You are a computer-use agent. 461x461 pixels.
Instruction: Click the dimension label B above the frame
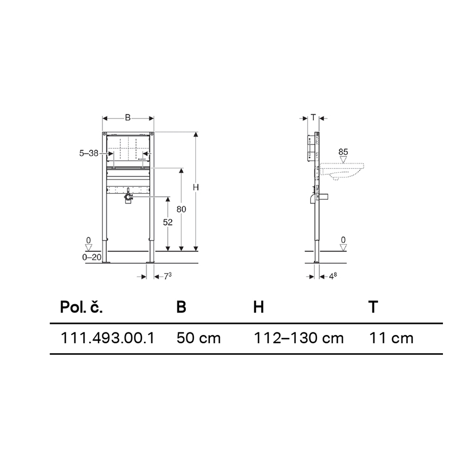[x=127, y=118]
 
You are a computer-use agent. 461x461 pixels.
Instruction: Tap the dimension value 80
[x=181, y=209]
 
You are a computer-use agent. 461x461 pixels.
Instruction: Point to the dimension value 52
[x=167, y=223]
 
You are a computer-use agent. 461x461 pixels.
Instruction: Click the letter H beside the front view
[x=196, y=187]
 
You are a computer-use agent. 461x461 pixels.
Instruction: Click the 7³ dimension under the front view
[x=167, y=276]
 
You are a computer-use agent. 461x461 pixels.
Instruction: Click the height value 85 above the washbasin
[x=343, y=151]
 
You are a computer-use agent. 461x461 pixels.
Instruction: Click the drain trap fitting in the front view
[x=128, y=198]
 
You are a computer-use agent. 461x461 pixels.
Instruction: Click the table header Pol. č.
[x=81, y=307]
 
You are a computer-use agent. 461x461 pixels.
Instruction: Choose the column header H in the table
[x=258, y=307]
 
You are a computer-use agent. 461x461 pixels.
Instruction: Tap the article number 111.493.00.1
[x=108, y=338]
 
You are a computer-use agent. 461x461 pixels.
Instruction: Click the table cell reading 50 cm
[x=198, y=338]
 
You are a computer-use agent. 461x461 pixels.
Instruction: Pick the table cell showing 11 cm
[x=391, y=338]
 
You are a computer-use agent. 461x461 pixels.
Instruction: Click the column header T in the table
[x=373, y=307]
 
